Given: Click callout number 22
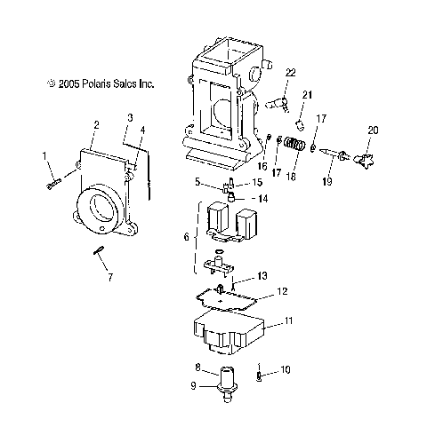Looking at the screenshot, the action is (291, 73).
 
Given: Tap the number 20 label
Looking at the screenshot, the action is (373, 130).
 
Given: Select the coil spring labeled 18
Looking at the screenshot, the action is (294, 144).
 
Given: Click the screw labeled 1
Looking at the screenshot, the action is (54, 184).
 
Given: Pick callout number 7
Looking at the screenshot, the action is (110, 277).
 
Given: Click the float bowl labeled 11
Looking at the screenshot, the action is (229, 333).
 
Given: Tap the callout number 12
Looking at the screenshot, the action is (283, 291).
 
